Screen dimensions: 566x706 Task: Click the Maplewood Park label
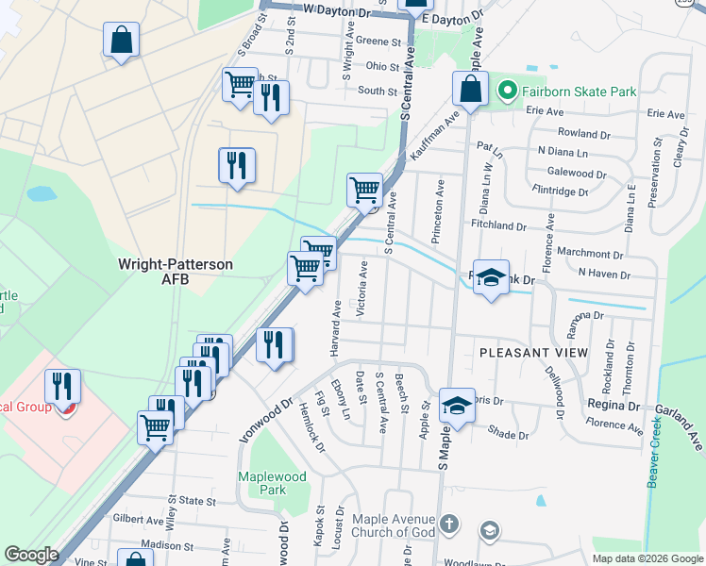point(273,483)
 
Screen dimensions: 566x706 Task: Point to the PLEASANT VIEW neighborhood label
point(533,353)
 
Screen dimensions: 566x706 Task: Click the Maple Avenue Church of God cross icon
point(450,524)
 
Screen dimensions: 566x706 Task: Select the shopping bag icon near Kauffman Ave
point(469,91)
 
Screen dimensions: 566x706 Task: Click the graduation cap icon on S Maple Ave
point(456,406)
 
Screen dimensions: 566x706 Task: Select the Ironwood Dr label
point(273,413)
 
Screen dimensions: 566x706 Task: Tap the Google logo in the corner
point(30,555)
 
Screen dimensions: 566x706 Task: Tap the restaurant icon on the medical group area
point(63,386)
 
